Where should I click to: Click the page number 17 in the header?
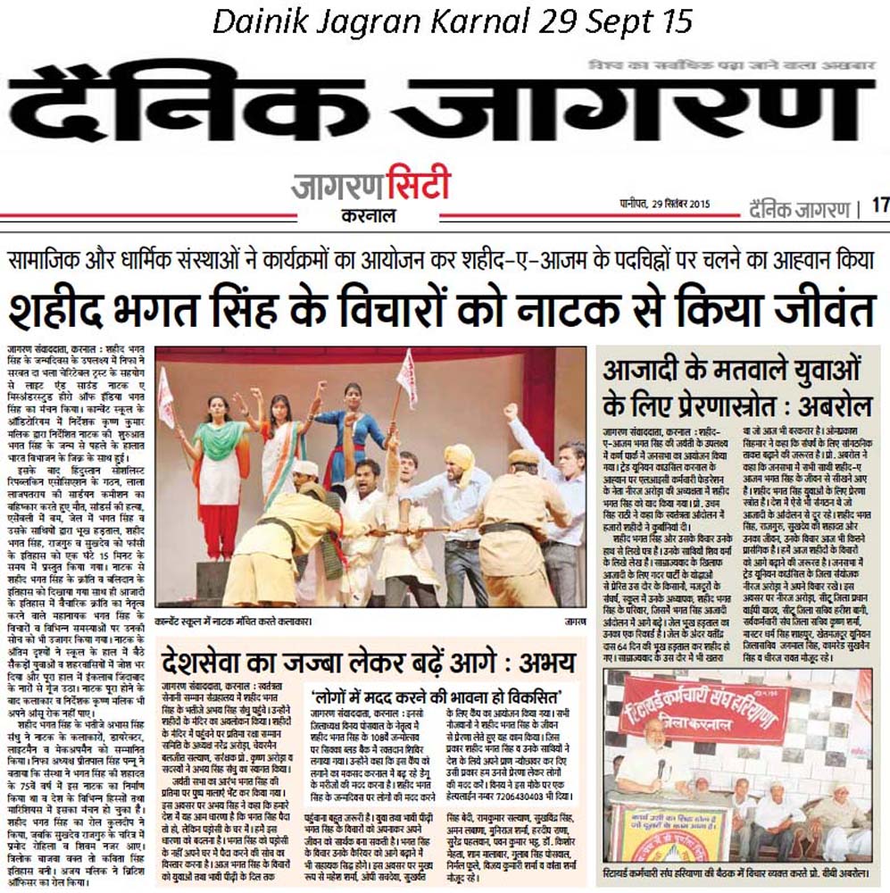point(879,204)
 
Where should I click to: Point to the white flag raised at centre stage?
point(407,377)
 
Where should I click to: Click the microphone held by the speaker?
point(661,768)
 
